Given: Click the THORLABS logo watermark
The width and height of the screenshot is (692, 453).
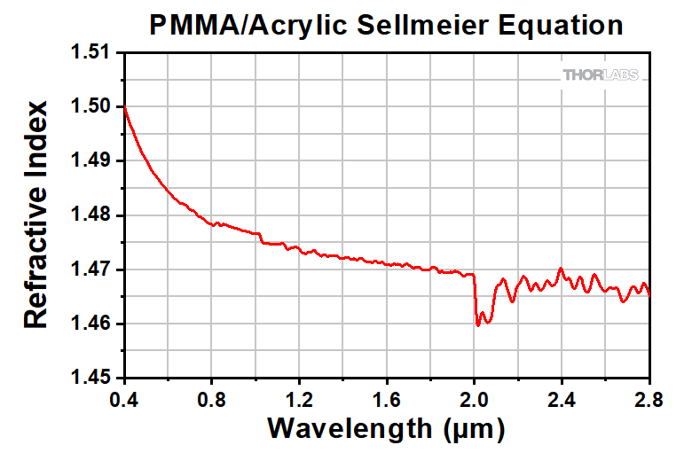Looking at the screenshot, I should pos(599,76).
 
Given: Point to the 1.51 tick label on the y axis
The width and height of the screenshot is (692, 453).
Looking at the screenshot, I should pos(91,52).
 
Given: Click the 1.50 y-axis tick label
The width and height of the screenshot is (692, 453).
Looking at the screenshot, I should pos(91,107).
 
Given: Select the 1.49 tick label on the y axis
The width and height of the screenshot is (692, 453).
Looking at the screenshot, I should pos(91,161).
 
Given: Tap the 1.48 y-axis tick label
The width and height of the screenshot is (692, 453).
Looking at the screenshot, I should pos(91,215).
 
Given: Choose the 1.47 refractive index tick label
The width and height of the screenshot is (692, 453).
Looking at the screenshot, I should pos(91,269).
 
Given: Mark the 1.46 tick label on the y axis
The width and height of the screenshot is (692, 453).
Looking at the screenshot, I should pos(91,324).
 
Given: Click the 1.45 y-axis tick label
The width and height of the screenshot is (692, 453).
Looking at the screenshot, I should pos(91,379).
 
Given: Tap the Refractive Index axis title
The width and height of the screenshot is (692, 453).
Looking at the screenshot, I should pos(35,215).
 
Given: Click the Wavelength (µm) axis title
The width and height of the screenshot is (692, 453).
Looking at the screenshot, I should pos(387,430).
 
